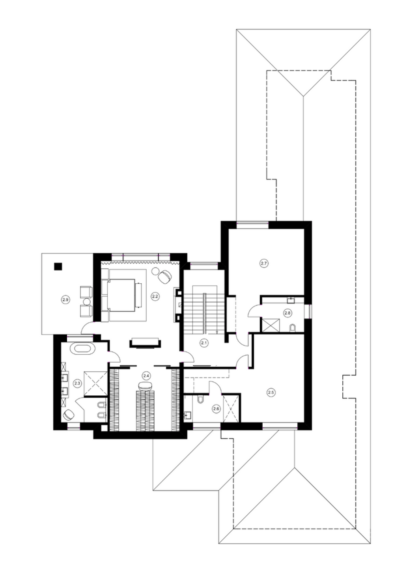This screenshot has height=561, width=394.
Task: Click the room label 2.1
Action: pyautogui.click(x=204, y=343)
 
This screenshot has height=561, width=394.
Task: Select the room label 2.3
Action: pyautogui.click(x=77, y=383)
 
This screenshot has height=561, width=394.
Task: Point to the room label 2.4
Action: pyautogui.click(x=146, y=376)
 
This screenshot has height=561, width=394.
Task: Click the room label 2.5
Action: pyautogui.click(x=271, y=392)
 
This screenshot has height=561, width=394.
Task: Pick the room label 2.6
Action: pyautogui.click(x=216, y=409)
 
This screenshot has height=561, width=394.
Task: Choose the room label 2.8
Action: pyautogui.click(x=287, y=312)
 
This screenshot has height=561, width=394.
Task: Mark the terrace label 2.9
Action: pyautogui.click(x=65, y=299)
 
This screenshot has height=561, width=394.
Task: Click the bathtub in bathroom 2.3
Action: pyautogui.click(x=82, y=349)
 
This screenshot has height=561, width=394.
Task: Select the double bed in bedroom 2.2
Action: pyautogui.click(x=121, y=295)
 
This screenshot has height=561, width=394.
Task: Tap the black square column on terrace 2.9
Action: pyautogui.click(x=58, y=266)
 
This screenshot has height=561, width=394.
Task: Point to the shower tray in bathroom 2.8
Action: pyautogui.click(x=270, y=325)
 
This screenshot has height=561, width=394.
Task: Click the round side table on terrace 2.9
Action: pyautogui.click(x=87, y=301)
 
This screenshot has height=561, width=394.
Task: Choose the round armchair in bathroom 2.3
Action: pyautogui.click(x=68, y=415)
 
